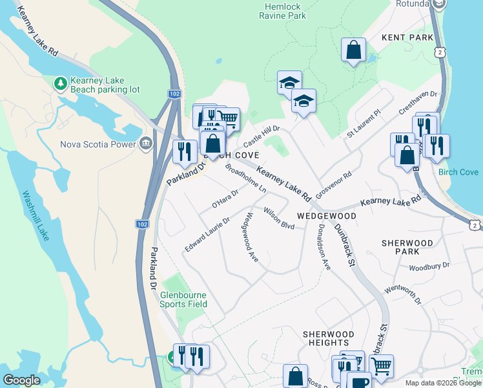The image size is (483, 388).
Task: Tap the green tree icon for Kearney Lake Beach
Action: (x=61, y=83)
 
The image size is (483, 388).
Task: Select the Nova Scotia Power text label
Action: (x=97, y=144)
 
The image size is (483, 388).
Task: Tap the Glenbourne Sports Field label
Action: (x=184, y=299)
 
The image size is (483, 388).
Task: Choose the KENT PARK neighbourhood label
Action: (x=407, y=38)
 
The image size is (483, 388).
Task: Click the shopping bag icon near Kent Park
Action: (x=353, y=49)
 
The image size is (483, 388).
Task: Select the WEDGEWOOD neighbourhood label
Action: (x=326, y=215)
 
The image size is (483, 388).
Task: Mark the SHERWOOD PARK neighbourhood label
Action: (x=407, y=248)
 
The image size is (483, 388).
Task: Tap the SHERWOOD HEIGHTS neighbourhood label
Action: (x=328, y=338)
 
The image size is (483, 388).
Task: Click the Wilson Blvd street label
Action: (x=279, y=218)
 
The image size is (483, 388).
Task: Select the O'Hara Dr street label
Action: (x=225, y=199)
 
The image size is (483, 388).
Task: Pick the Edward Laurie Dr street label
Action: (x=207, y=235)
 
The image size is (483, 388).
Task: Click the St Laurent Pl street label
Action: (x=364, y=123)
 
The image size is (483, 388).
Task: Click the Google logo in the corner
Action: (x=21, y=380)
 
